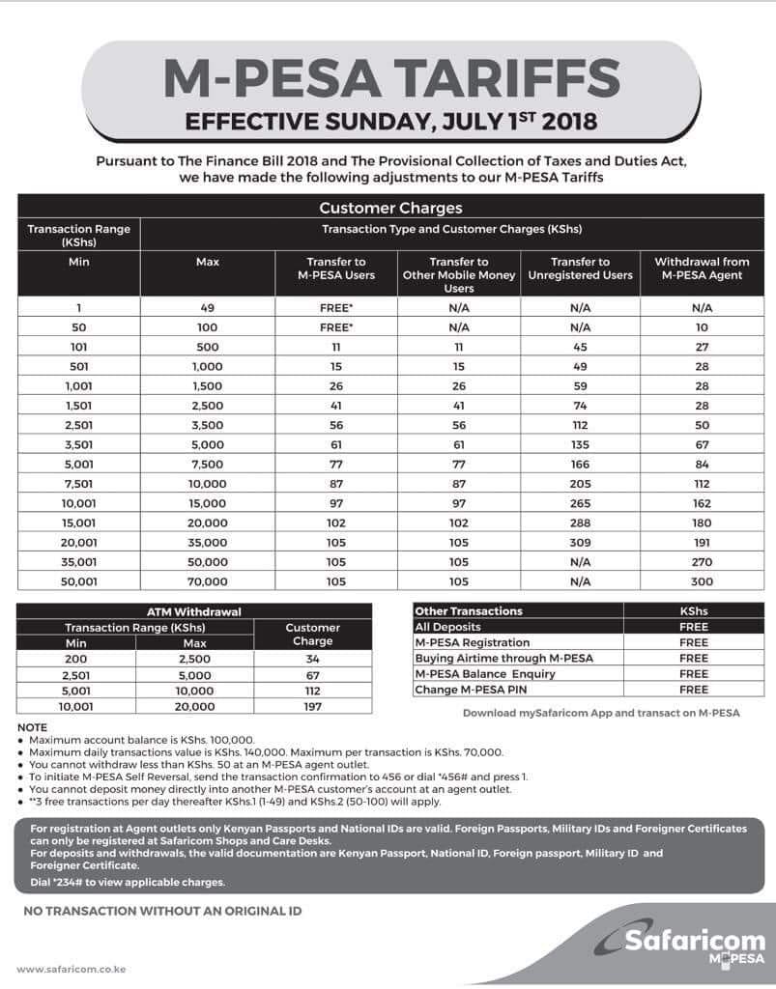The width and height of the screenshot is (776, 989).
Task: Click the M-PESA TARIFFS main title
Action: [390, 78]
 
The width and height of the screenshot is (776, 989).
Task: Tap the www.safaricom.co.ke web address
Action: [72, 969]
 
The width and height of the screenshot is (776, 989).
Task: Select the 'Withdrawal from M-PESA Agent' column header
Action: [702, 268]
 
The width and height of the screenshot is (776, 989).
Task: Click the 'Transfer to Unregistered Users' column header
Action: [580, 268]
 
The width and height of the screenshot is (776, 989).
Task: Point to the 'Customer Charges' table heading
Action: [390, 208]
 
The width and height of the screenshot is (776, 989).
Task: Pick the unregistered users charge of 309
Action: [580, 543]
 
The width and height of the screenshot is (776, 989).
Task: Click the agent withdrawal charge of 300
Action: [702, 582]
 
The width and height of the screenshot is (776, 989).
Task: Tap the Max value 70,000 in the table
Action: [208, 582]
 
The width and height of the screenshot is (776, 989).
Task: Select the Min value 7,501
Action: [79, 484]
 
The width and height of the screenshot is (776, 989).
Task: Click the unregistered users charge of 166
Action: [580, 465]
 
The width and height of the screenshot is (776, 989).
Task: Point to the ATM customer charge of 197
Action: [312, 706]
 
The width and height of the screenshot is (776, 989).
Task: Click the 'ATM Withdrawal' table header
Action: [193, 611]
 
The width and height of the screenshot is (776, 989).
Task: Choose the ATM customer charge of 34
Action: [312, 659]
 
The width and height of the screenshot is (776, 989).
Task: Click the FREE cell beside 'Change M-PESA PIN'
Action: [694, 690]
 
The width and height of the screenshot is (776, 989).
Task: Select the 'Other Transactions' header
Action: [469, 611]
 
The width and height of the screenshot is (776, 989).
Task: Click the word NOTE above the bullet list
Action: [32, 727]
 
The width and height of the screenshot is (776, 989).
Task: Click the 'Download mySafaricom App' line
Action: [601, 714]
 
